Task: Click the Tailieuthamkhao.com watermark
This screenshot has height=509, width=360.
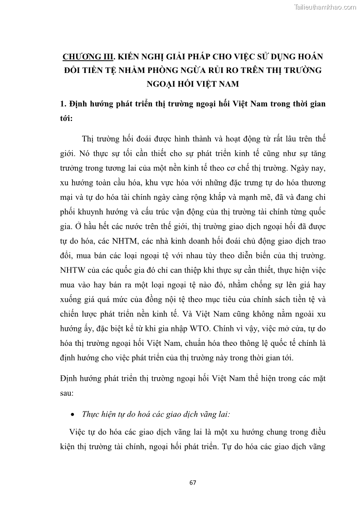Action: tap(326, 7)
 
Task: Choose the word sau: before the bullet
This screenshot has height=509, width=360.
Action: tap(67, 394)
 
